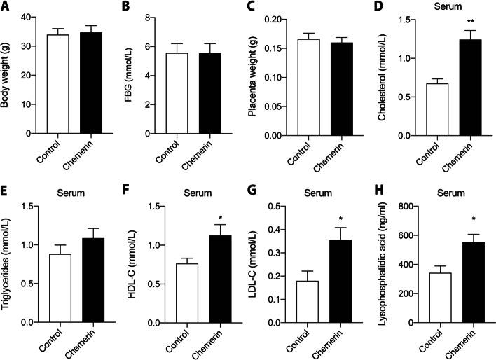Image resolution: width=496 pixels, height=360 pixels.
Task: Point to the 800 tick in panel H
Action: tap(413, 207)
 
